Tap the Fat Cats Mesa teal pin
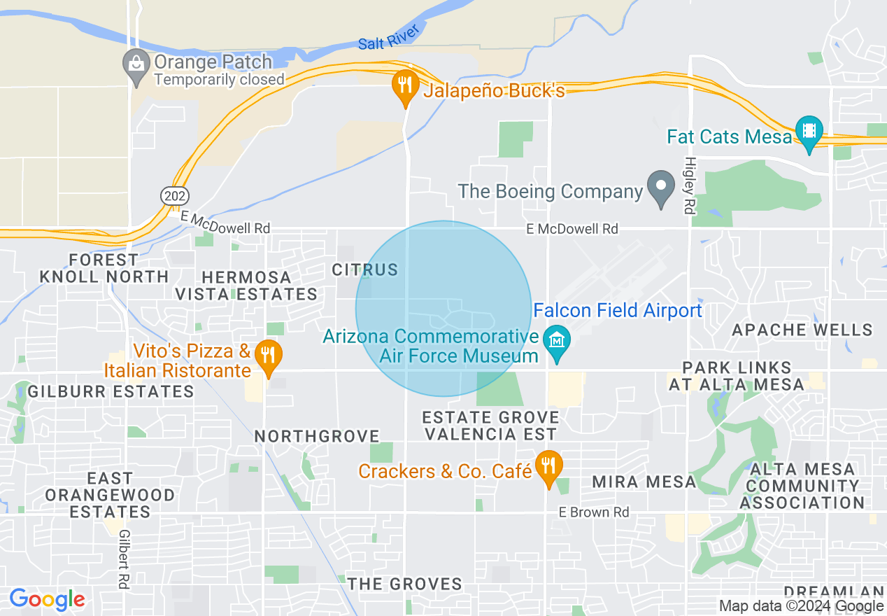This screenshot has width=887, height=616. tap(809, 132)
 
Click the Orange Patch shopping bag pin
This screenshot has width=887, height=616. tap(136, 65)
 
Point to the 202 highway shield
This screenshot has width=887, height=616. tap(174, 196)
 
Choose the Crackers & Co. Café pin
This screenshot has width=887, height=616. tap(548, 467)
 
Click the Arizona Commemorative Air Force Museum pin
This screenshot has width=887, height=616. tap(558, 342)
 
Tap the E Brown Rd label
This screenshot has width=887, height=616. tap(594, 512)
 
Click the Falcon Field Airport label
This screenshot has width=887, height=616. tap(618, 310)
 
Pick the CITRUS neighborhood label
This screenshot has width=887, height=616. tap(364, 269)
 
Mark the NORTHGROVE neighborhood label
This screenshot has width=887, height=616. tap(317, 437)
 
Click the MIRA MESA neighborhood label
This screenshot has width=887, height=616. tap(644, 482)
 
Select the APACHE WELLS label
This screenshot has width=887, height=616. tap(802, 330)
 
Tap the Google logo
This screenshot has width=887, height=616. tap(47, 600)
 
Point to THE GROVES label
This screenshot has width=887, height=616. tap(405, 584)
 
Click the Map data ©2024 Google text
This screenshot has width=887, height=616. tap(802, 606)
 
